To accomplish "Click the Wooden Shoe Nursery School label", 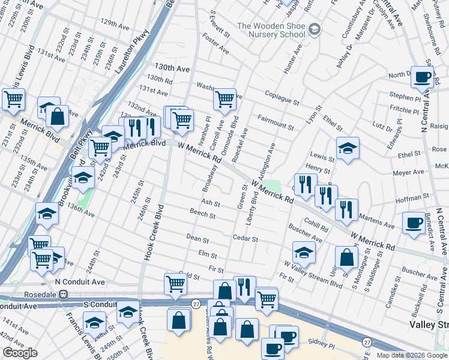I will (271, 30).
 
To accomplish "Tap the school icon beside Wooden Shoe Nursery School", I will (315, 29).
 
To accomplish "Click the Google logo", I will (20, 352).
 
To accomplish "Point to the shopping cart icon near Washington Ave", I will (224, 99).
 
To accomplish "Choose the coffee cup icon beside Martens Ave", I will (414, 222).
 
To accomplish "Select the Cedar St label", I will (246, 239).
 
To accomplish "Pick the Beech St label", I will (202, 215).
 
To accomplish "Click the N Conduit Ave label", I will (79, 281).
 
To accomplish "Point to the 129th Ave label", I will (114, 25).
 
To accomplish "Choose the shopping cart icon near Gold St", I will (175, 284).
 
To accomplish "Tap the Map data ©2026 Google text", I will (411, 355).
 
